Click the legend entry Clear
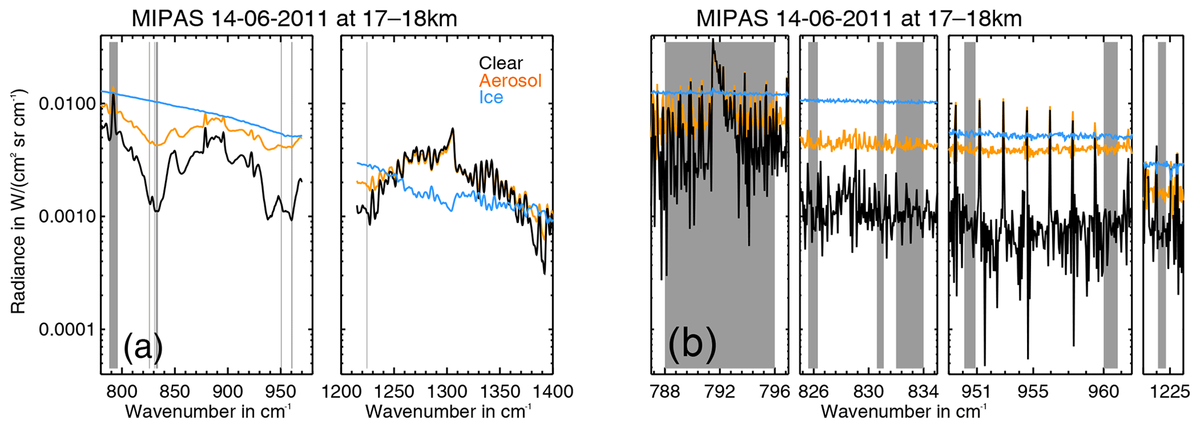[500, 63]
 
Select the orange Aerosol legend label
[510, 80]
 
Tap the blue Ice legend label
[491, 97]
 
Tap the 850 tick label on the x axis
[174, 392]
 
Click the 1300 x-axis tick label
[447, 392]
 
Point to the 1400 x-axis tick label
[553, 392]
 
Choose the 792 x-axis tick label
[720, 392]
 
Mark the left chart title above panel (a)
[294, 19]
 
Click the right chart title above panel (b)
[859, 19]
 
